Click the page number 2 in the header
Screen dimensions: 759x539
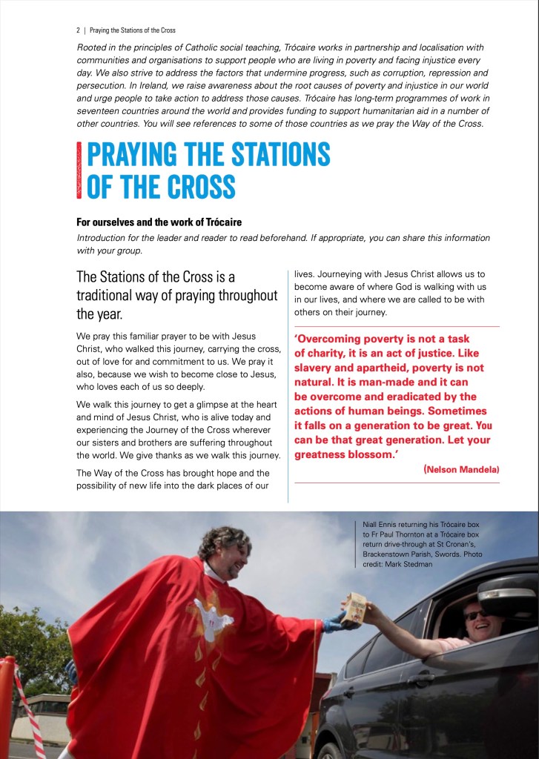point(78,31)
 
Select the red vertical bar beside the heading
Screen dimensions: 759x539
point(79,170)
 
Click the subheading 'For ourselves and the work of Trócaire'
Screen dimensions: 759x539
point(159,222)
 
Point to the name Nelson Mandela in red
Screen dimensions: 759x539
point(462,470)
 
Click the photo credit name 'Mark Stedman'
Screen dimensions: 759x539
point(412,564)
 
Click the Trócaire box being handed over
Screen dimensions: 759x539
point(356,606)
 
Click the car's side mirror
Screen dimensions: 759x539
point(506,593)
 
